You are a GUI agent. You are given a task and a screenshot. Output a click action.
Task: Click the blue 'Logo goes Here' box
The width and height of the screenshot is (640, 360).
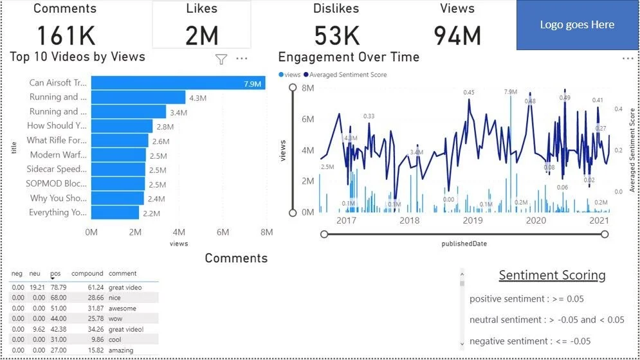click(x=577, y=25)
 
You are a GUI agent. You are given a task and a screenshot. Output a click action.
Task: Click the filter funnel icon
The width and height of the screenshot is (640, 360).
click(x=221, y=59)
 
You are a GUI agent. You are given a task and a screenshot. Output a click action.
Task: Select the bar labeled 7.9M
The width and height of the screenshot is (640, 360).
click(x=178, y=83)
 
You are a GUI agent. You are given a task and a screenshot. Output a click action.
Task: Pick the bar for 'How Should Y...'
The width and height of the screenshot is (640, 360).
click(x=122, y=126)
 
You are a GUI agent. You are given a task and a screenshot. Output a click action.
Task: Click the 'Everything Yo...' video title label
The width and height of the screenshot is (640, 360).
click(x=58, y=213)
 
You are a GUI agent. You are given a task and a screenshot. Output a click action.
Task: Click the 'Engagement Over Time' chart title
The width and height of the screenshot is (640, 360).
click(x=349, y=57)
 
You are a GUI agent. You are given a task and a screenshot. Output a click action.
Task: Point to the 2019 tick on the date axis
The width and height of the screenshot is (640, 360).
click(x=473, y=221)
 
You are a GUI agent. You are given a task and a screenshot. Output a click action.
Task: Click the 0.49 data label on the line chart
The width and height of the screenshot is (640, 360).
click(x=565, y=98)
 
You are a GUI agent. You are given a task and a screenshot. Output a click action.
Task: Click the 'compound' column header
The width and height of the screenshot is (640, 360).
click(x=87, y=274)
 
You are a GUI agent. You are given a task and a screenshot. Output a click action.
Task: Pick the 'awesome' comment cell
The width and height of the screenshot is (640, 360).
click(x=122, y=308)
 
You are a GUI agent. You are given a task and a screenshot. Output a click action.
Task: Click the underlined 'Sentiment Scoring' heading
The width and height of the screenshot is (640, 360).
click(x=552, y=276)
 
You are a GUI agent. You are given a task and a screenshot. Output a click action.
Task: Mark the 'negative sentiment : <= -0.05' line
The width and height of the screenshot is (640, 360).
click(x=530, y=341)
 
